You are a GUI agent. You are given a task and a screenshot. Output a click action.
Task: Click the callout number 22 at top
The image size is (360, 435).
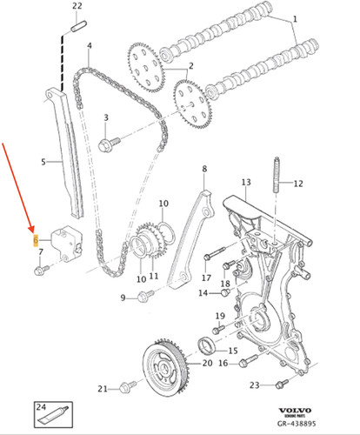click(77, 6)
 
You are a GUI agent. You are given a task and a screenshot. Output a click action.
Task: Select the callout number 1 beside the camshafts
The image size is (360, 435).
click(293, 18)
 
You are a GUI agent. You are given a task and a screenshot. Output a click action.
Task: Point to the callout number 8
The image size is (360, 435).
click(204, 168)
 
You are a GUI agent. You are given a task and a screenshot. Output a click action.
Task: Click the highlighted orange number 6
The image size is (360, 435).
click(35, 238)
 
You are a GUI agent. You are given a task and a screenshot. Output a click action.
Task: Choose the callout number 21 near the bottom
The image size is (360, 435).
click(101, 388)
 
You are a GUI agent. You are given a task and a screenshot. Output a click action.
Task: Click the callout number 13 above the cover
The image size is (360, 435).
click(246, 182)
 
